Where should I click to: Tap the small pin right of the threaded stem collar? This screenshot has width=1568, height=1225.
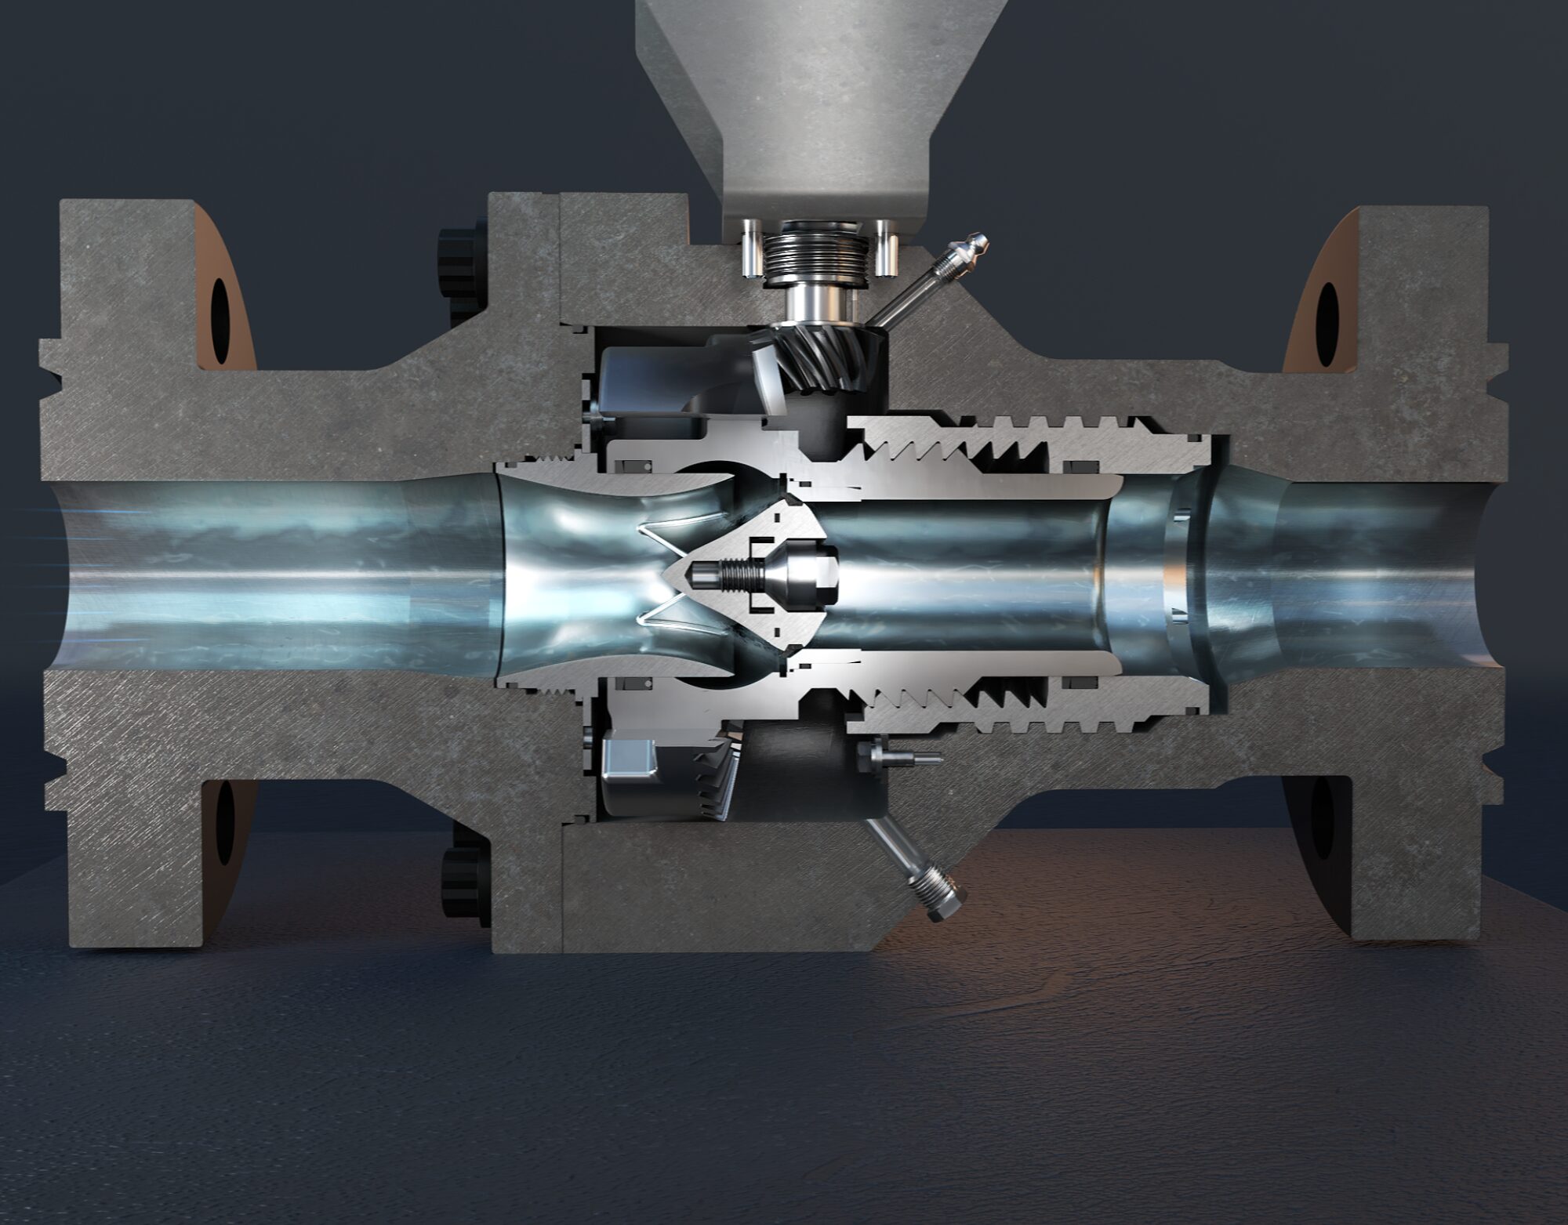[887, 247]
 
